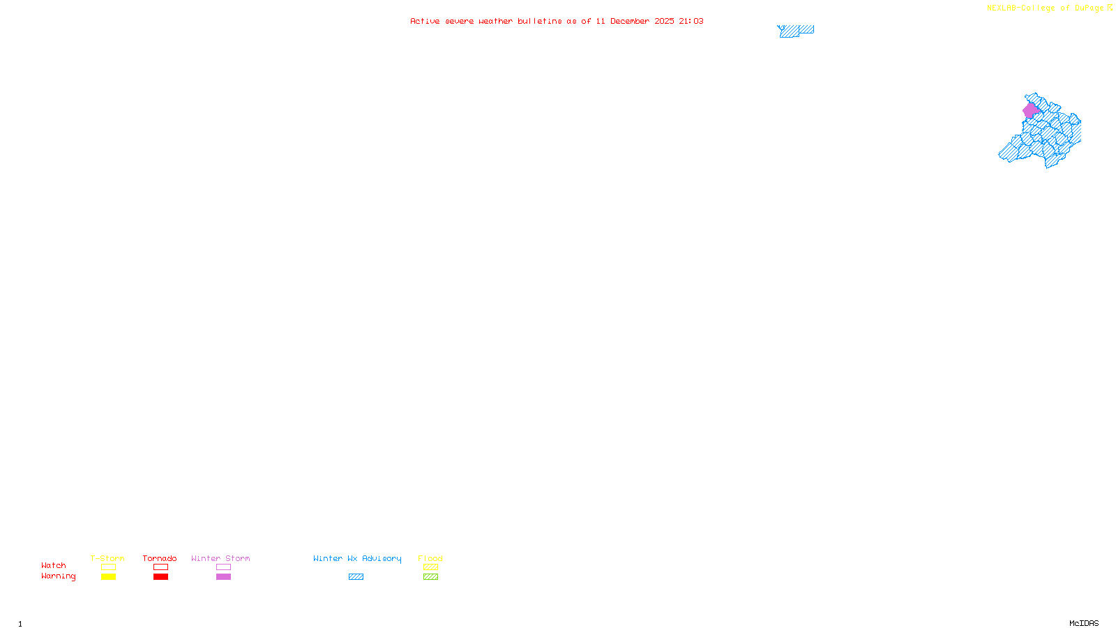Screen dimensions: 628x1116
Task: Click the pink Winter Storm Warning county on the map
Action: click(x=1030, y=110)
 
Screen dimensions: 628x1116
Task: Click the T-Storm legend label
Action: click(x=107, y=558)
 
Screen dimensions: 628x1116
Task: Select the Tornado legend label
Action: click(x=160, y=558)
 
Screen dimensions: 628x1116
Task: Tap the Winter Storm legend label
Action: click(x=220, y=558)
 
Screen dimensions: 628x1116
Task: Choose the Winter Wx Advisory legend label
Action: click(x=357, y=558)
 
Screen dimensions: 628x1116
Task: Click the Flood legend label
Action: click(x=430, y=558)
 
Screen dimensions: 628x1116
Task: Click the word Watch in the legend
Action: click(x=54, y=565)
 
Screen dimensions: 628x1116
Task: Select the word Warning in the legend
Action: click(x=58, y=576)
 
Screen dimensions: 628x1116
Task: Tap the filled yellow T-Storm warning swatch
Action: click(x=108, y=577)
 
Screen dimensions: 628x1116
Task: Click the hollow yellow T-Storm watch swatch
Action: click(x=108, y=567)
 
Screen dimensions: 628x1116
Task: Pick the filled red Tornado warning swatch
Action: click(x=160, y=577)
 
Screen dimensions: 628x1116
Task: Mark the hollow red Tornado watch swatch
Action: click(x=160, y=567)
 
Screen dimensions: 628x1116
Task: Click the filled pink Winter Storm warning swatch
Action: click(x=223, y=577)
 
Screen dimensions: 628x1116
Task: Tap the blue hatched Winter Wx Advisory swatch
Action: click(x=356, y=577)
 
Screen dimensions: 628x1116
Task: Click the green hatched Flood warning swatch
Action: click(x=430, y=577)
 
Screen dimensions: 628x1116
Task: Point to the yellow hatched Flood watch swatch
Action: click(x=430, y=567)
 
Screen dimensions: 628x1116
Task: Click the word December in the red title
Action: click(x=630, y=21)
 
